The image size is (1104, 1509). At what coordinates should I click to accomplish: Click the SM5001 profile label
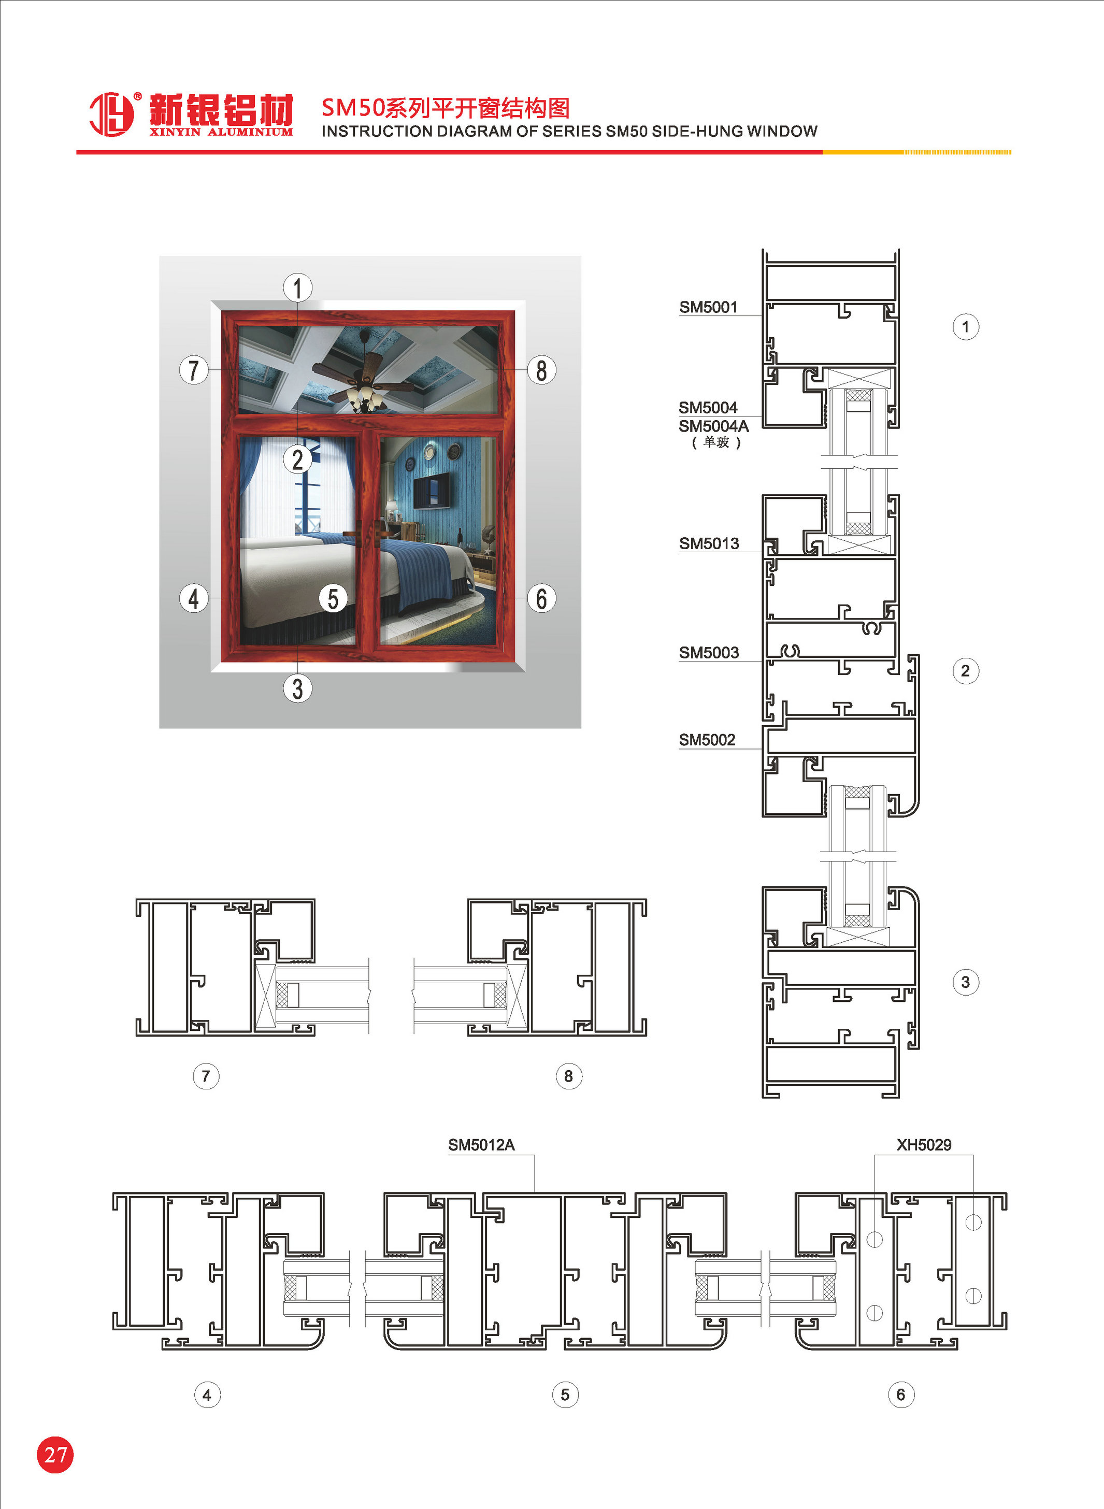click(708, 307)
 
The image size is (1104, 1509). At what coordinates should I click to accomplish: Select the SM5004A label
click(714, 426)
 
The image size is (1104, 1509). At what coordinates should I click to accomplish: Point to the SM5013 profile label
click(709, 543)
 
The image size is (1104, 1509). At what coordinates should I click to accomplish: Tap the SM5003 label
click(709, 652)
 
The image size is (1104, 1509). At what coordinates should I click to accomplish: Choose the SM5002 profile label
click(707, 740)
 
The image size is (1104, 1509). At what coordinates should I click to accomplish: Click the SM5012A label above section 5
click(481, 1145)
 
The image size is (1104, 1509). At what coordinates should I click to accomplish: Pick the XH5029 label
click(924, 1145)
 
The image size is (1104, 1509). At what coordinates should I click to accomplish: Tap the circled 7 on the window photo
click(194, 369)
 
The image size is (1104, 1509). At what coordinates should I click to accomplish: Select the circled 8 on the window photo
click(541, 369)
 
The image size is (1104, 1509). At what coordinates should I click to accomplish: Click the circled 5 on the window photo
click(333, 598)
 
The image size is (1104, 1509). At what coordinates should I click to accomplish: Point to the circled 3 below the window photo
click(297, 688)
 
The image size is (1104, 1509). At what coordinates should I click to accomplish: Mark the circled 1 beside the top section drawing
click(965, 327)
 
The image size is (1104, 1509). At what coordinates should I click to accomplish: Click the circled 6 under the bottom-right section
click(901, 1395)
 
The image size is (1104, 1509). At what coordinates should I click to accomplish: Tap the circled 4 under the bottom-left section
click(207, 1395)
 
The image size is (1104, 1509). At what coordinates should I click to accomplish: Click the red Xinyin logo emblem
click(111, 114)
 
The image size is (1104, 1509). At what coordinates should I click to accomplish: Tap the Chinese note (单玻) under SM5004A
click(716, 442)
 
